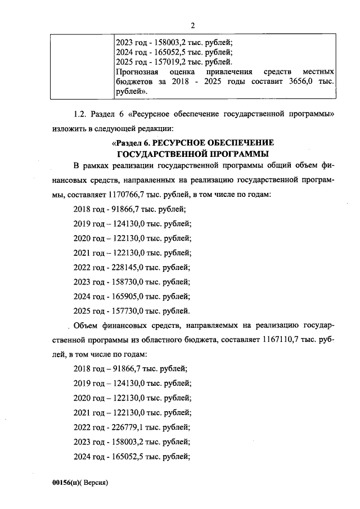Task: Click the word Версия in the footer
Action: (x=94, y=483)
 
